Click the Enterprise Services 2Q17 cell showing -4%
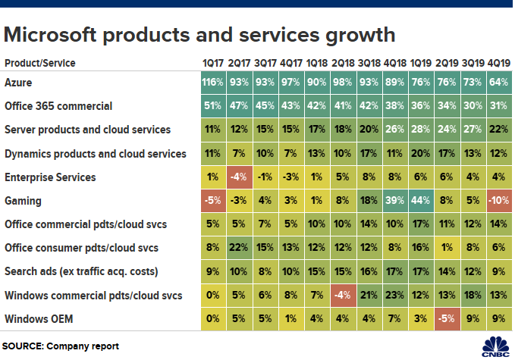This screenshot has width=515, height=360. tap(239, 177)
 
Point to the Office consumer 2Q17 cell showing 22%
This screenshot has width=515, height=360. tap(239, 249)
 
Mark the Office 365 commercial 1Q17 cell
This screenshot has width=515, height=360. tap(213, 106)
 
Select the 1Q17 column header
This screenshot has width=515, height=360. tap(213, 63)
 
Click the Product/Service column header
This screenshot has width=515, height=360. tap(39, 63)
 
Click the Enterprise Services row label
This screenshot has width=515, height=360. tap(50, 177)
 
